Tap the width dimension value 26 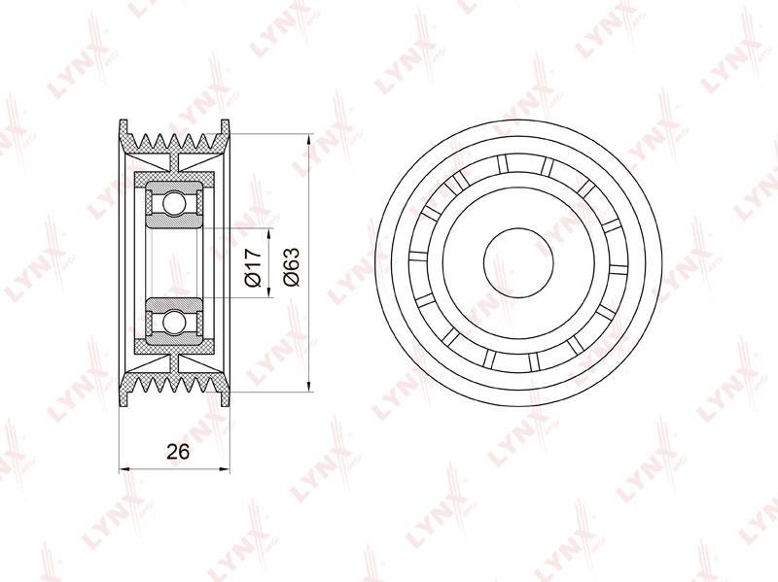click(x=178, y=452)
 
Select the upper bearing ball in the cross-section click(x=174, y=203)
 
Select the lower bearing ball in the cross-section click(x=174, y=322)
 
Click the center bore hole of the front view click(x=518, y=263)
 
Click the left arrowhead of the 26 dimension click(x=124, y=468)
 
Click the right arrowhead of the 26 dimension click(x=225, y=468)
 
